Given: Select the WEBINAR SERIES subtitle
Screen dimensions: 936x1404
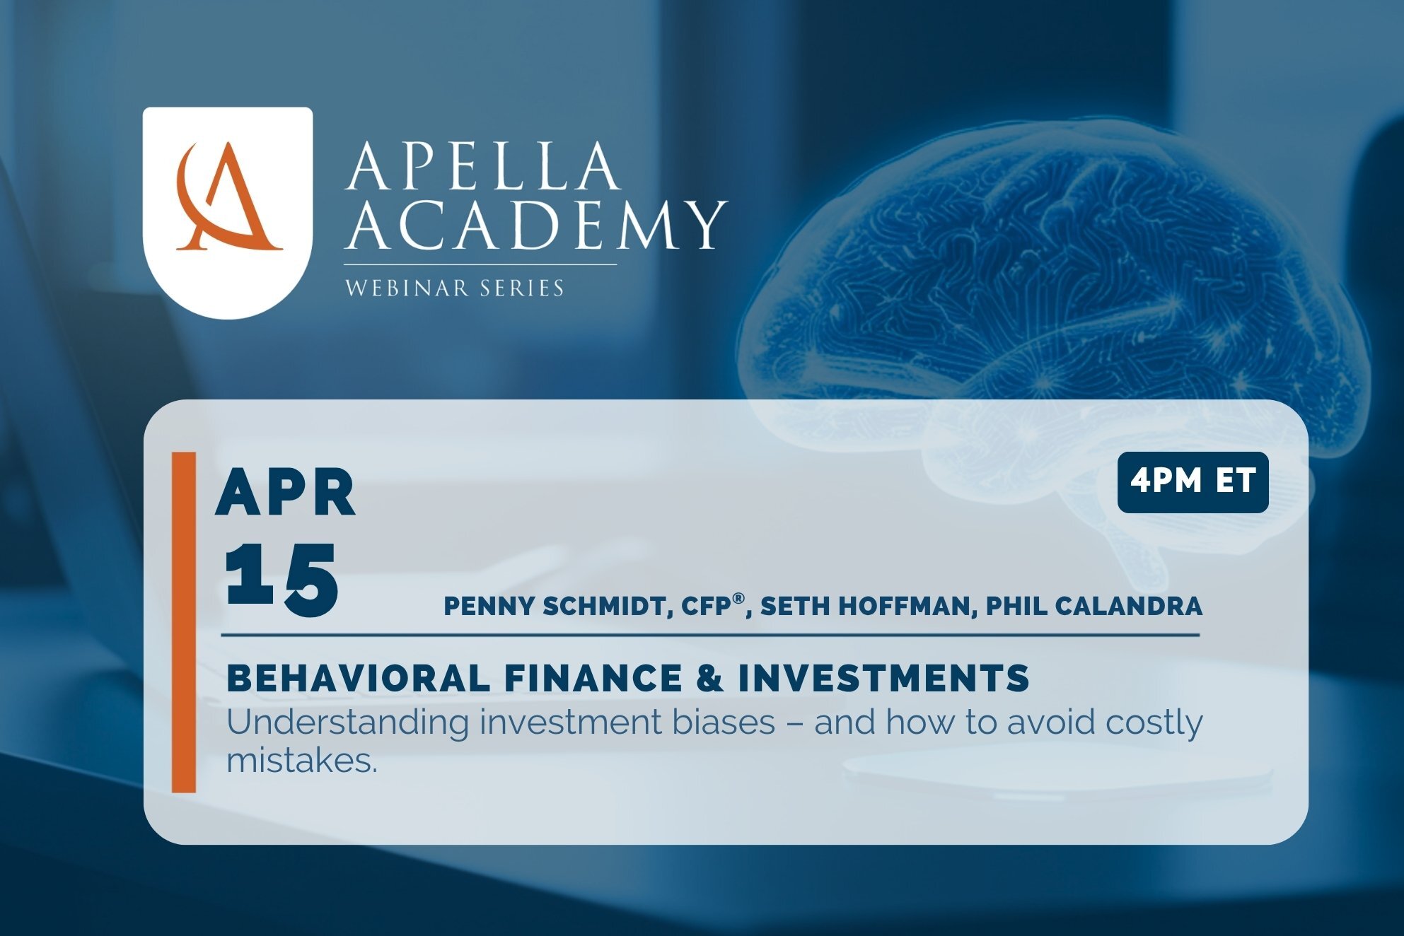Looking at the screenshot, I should coord(454,288).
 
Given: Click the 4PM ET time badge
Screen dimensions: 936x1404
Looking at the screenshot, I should coord(1193,481).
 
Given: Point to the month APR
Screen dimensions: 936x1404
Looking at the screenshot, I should coord(285,493).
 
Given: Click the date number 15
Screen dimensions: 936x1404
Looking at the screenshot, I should coord(282,578).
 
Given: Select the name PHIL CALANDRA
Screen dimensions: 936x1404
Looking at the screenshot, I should coord(1093,607).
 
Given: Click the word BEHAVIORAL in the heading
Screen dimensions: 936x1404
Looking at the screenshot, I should coord(358,678).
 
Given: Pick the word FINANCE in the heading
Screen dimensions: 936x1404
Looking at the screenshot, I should coord(593,678).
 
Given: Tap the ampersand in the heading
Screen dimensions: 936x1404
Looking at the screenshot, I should coord(709,678).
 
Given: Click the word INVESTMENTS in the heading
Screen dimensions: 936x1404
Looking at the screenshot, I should coord(883,678).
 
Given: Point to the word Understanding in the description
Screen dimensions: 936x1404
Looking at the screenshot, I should coord(347,723).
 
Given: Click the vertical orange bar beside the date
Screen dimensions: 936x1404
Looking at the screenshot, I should coord(184,622).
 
